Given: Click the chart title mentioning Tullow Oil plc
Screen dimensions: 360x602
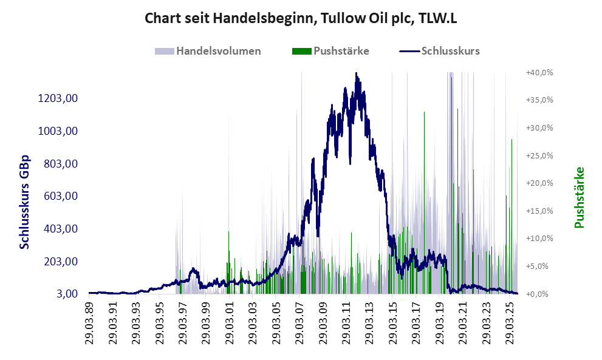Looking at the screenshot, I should (301, 19).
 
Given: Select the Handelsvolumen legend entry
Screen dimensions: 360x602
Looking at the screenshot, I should (218, 51).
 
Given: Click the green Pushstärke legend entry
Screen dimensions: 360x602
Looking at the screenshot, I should (341, 51).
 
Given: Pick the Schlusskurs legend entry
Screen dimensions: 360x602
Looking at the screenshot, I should (450, 51).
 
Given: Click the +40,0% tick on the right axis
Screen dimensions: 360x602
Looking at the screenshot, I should (539, 72).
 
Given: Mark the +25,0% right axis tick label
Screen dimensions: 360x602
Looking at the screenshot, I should (539, 155).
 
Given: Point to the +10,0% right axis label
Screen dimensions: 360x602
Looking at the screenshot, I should (539, 239).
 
